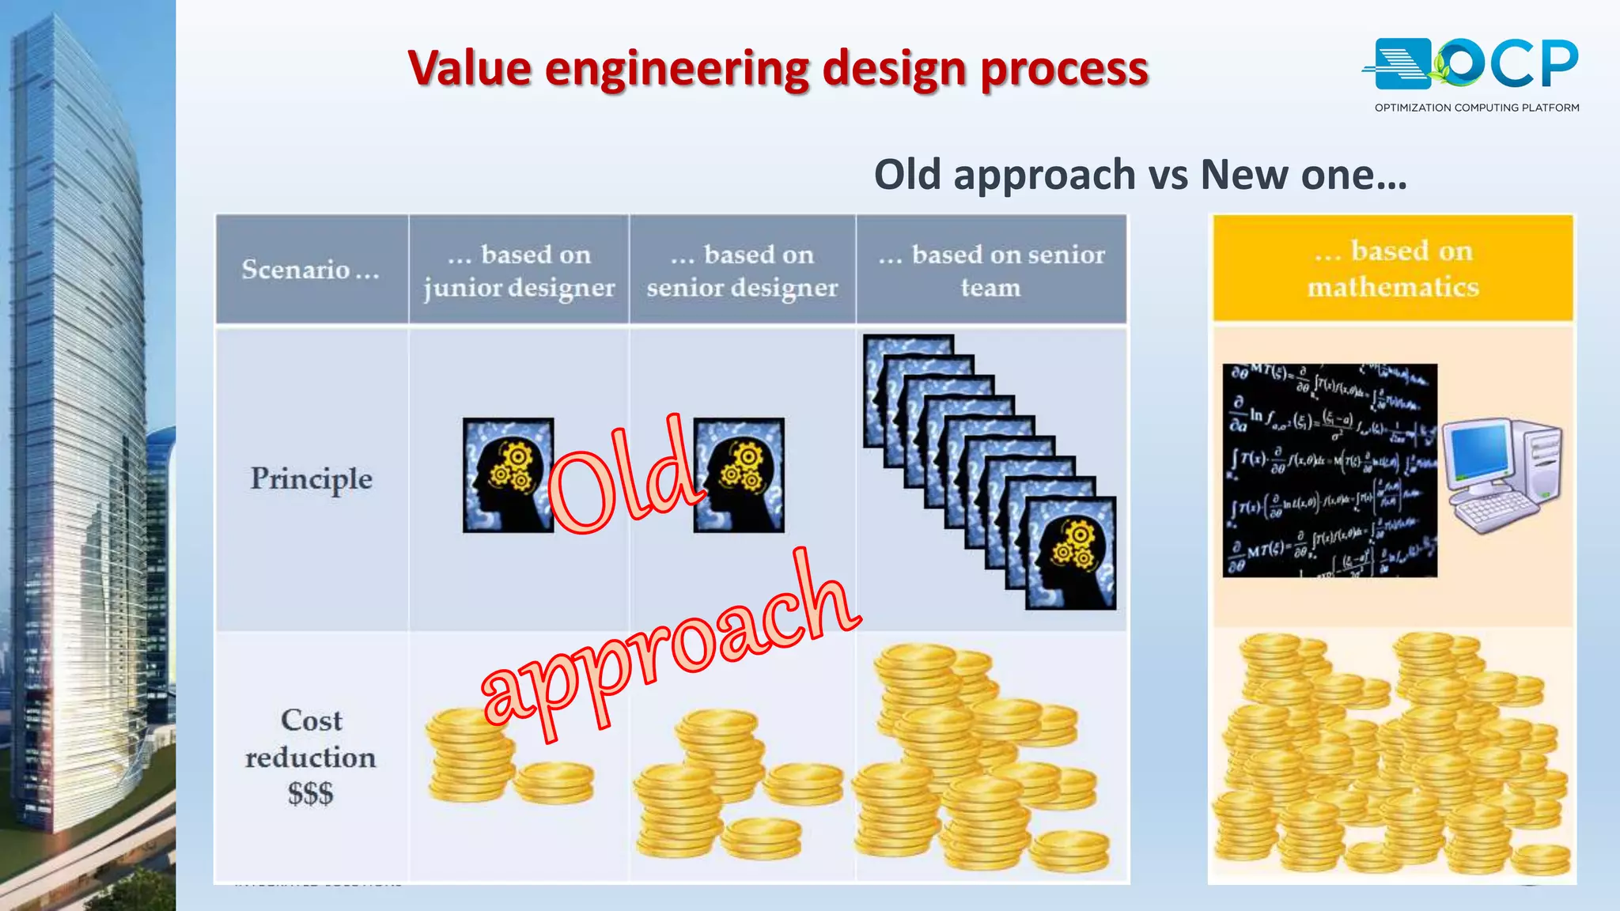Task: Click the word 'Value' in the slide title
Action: pos(469,69)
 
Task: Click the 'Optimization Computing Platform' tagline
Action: pos(1476,108)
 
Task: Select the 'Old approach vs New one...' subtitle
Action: pos(1140,175)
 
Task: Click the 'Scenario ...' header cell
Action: pos(311,270)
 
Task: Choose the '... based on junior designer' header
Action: pos(519,270)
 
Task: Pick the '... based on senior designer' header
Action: pos(742,270)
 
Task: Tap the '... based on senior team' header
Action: pos(991,270)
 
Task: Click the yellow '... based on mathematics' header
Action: pos(1393,269)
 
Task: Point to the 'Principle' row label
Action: pos(311,479)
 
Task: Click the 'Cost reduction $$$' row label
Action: pos(311,756)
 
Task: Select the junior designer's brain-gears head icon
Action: pos(508,475)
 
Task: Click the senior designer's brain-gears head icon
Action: pos(739,475)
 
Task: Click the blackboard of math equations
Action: pos(1329,471)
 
